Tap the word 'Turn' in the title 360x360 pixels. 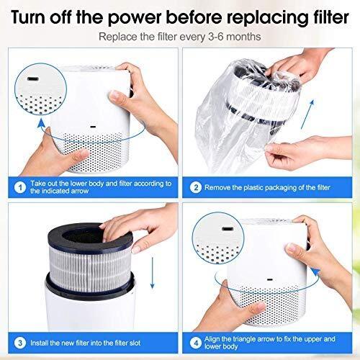[x=30, y=16]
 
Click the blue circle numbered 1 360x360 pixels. [x=17, y=186]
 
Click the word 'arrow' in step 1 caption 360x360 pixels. [x=79, y=192]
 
